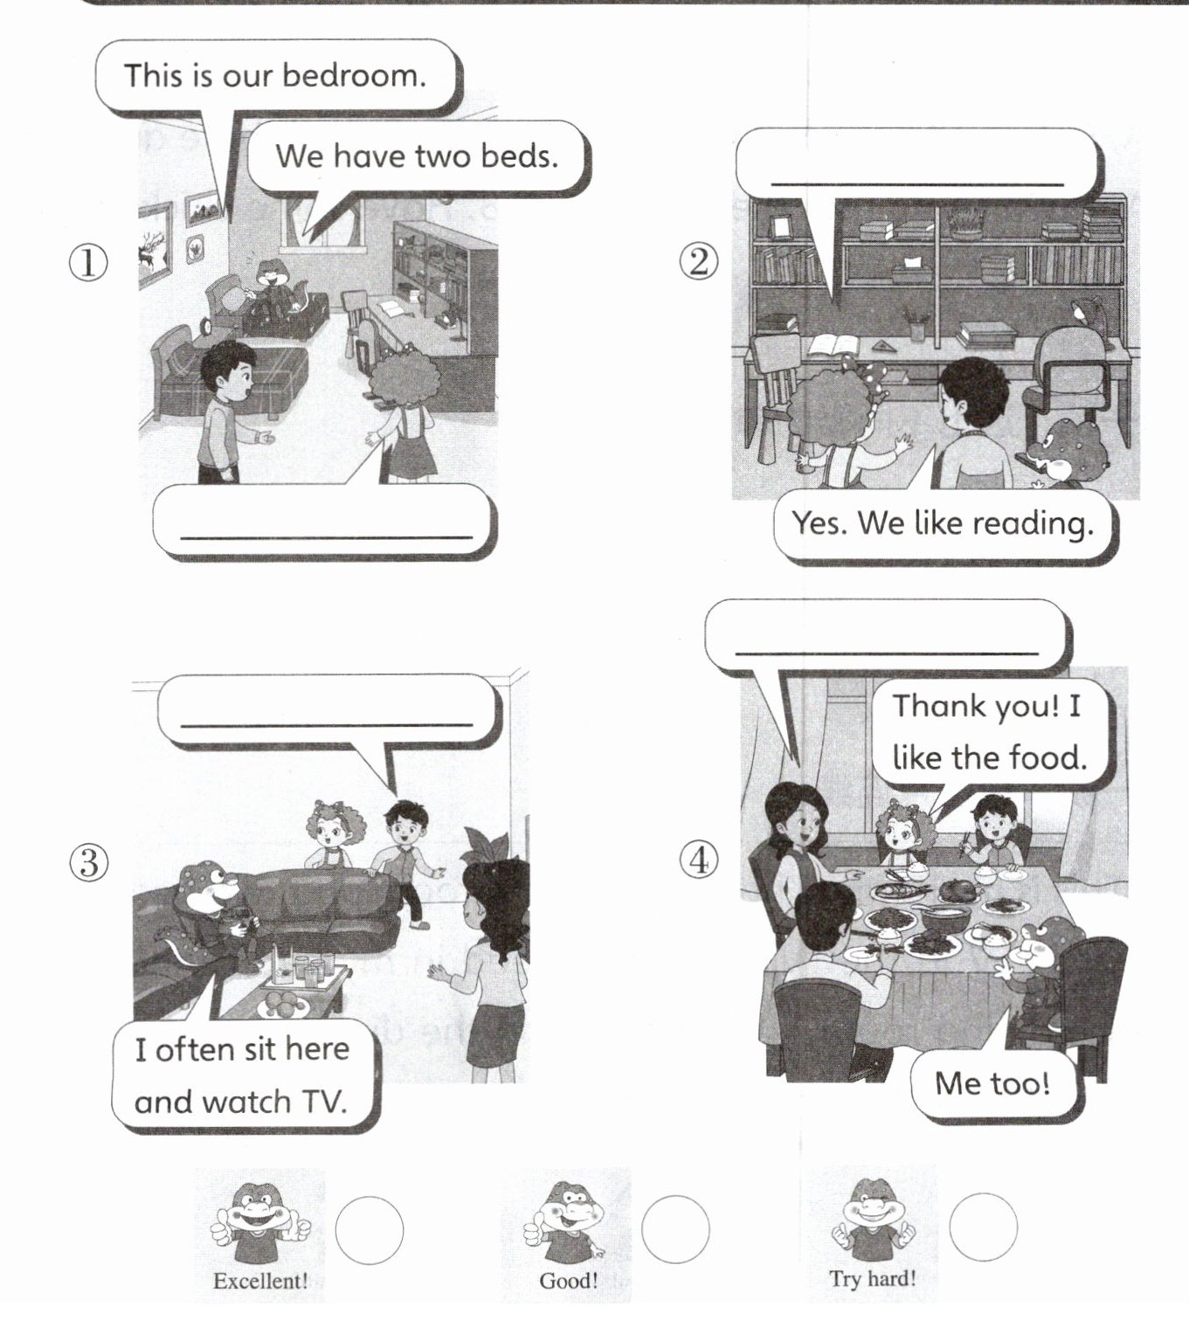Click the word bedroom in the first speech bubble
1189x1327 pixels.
[354, 75]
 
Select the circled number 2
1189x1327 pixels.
[700, 262]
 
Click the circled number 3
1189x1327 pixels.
[89, 862]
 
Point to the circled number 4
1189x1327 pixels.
[700, 860]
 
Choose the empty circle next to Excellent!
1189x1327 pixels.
[370, 1230]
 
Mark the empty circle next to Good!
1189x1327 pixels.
[675, 1229]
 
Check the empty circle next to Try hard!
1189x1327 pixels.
[984, 1227]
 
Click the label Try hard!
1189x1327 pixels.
[873, 1278]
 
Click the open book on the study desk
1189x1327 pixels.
[832, 344]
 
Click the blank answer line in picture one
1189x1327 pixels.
[326, 537]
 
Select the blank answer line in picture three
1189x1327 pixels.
[326, 724]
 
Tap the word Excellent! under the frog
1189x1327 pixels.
[260, 1282]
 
